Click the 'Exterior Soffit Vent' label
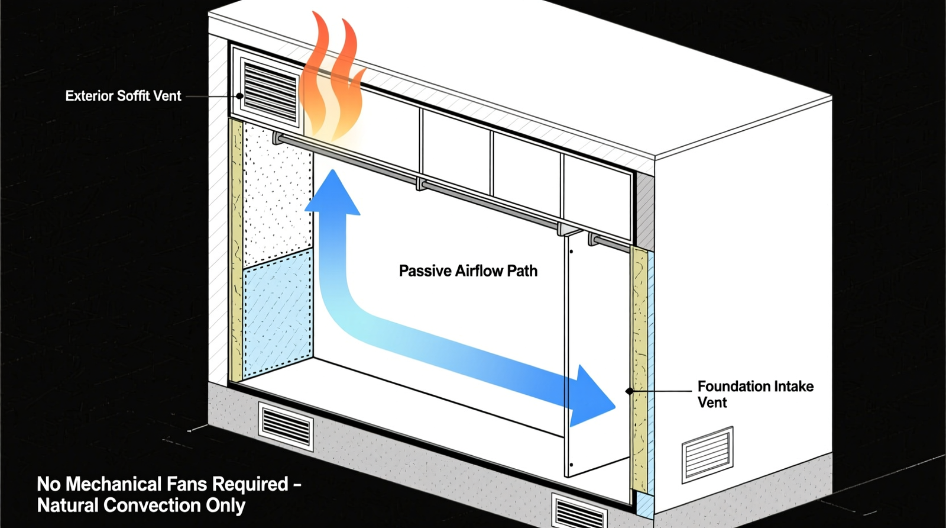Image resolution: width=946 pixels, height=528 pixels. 123,96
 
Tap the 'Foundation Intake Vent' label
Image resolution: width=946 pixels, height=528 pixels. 755,394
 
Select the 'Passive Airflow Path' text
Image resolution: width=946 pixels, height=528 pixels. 468,271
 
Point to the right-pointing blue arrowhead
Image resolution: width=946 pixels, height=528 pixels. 593,398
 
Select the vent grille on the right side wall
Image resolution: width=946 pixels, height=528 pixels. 707,455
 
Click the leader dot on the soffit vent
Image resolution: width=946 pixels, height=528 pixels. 239,96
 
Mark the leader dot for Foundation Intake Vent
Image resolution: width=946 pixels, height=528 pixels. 629,391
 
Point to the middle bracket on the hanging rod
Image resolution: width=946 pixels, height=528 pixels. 421,184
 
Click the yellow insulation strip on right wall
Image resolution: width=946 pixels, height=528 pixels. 639,367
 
